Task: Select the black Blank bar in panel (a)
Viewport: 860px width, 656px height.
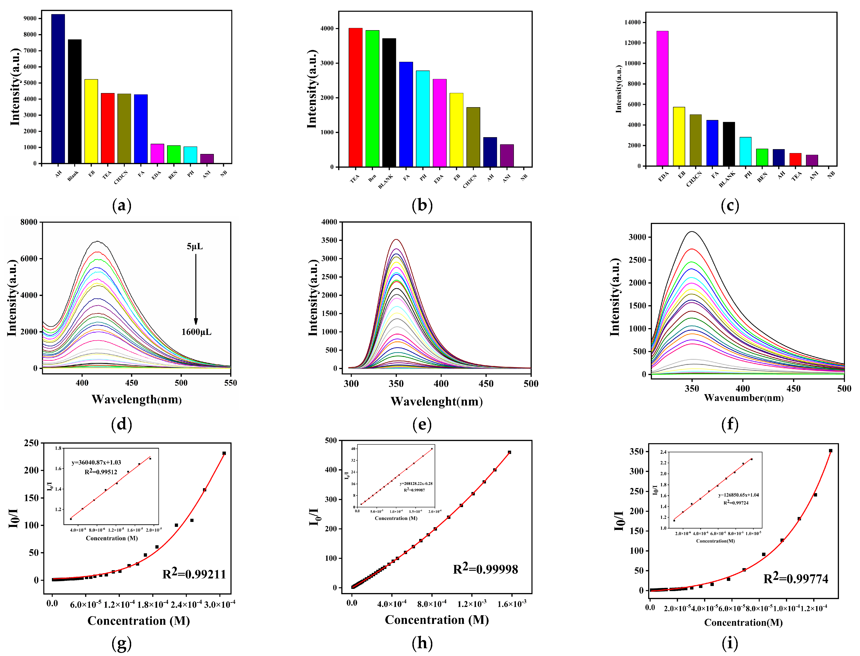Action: point(75,101)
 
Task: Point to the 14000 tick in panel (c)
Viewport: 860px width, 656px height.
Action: point(632,23)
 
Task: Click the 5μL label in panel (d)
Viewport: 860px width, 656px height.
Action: point(195,246)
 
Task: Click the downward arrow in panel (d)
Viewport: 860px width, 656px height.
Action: point(196,289)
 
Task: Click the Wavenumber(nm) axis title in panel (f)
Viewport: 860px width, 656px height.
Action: point(744,398)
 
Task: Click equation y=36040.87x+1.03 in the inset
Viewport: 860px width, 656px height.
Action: point(96,462)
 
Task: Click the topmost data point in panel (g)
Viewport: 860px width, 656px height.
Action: point(224,453)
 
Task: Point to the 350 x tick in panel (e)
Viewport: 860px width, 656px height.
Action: point(396,384)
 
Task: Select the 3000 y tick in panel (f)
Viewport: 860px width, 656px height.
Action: point(637,237)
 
